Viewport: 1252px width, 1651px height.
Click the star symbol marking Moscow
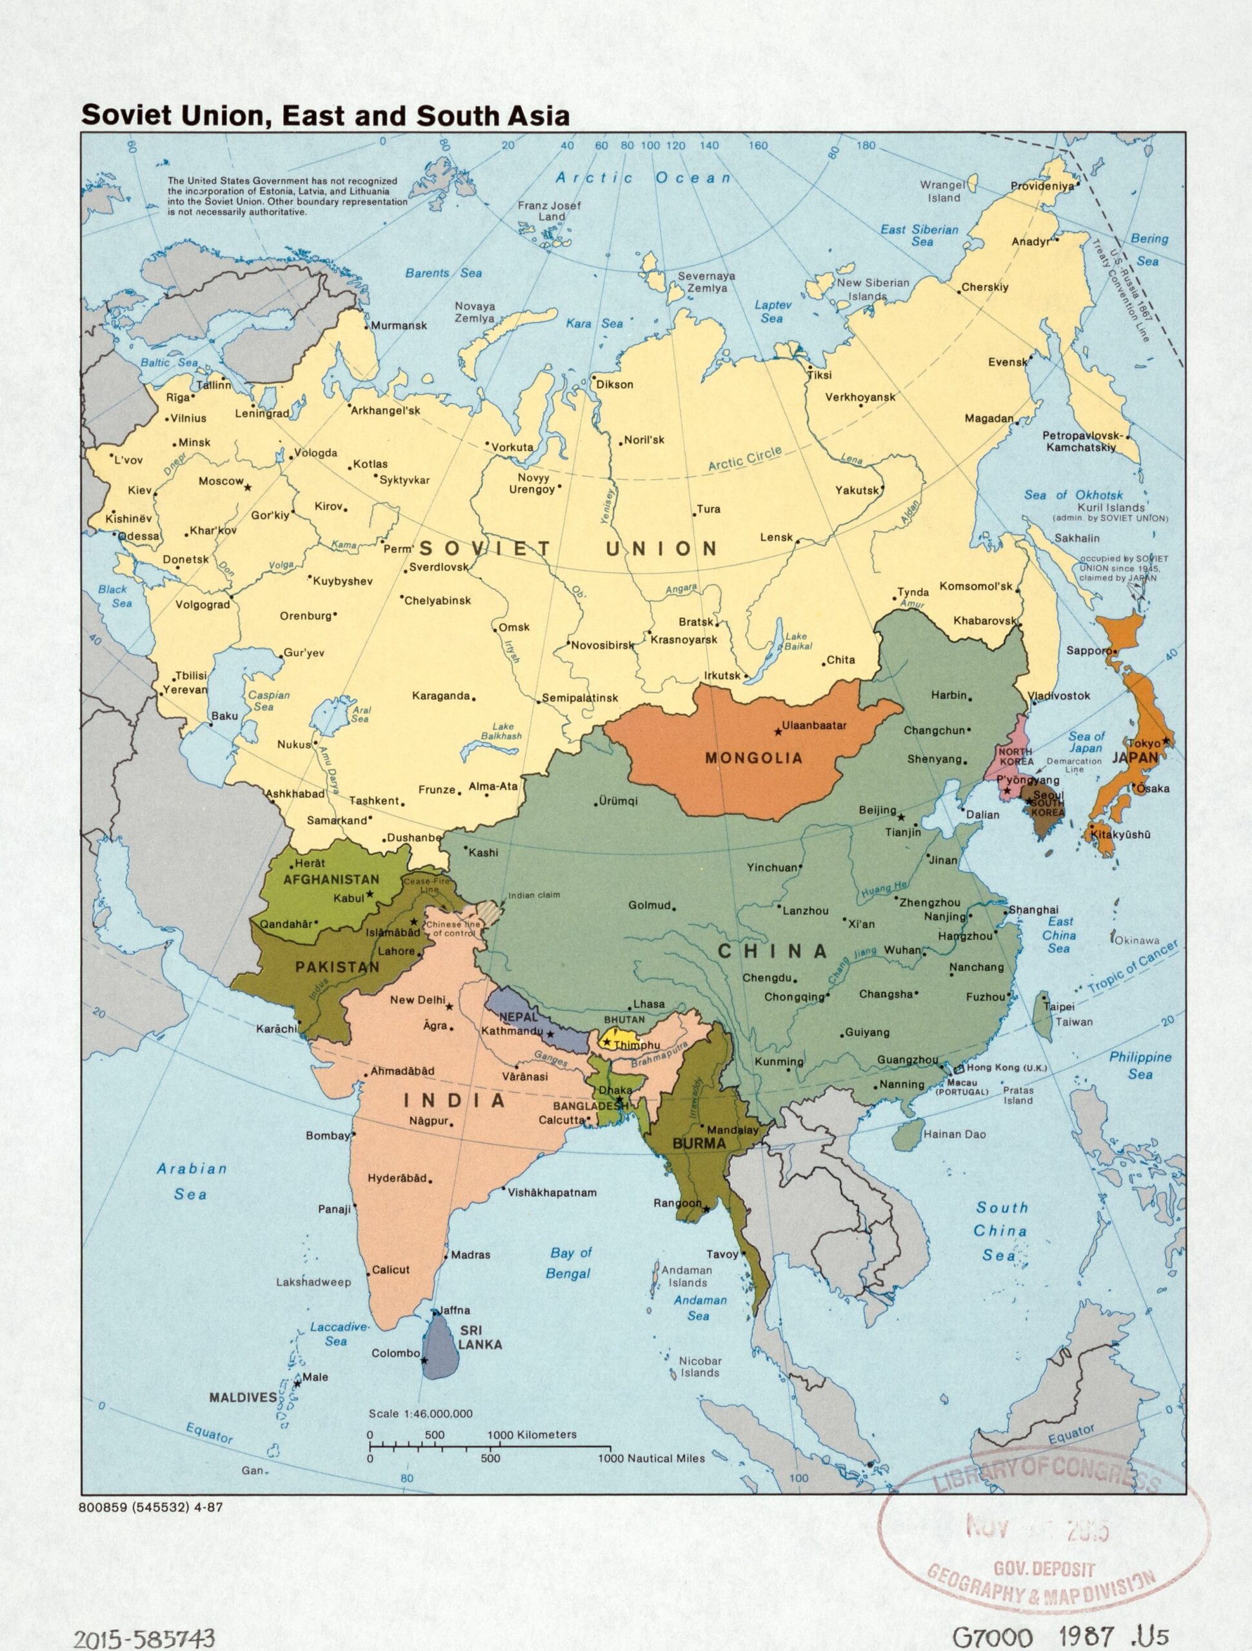248,487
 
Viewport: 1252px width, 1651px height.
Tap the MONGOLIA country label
754,758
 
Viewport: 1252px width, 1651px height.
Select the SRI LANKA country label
479,1338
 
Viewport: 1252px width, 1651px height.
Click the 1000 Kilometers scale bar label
532,1434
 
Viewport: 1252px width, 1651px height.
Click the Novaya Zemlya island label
475,312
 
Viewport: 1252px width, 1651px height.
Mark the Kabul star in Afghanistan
369,894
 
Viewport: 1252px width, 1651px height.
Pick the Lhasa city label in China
648,1005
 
